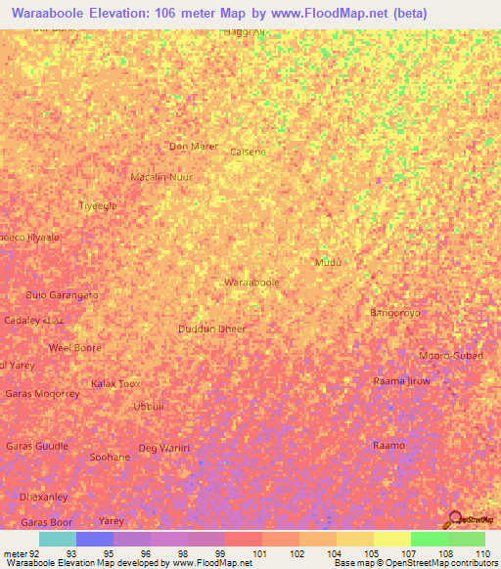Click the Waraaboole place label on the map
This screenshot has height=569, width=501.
click(252, 282)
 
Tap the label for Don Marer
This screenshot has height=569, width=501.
click(193, 147)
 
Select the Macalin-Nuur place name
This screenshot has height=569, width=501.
click(161, 177)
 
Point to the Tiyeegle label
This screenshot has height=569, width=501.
click(98, 205)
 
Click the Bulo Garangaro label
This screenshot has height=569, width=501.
click(62, 294)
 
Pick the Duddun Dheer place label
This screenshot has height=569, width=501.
click(212, 329)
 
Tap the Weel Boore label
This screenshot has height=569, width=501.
click(75, 347)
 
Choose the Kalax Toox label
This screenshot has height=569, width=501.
click(115, 383)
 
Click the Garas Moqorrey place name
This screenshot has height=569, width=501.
click(42, 393)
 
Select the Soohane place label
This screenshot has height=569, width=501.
click(110, 457)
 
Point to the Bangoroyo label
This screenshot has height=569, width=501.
click(395, 313)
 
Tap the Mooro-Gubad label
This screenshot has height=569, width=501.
click(450, 355)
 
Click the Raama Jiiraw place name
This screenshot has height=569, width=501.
click(401, 380)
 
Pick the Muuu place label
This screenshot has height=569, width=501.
click(327, 263)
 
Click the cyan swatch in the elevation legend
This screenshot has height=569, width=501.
click(58, 539)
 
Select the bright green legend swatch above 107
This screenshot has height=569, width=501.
click(429, 539)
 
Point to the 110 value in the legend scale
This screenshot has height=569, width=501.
click(481, 553)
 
